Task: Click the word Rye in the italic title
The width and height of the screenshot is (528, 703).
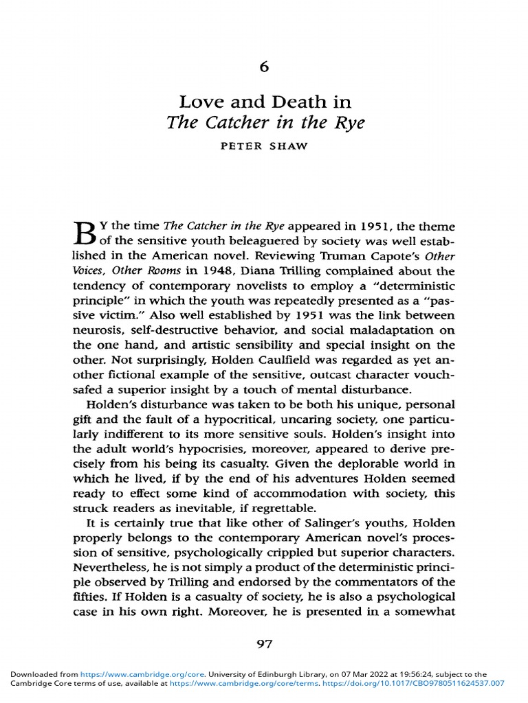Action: coord(343,124)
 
